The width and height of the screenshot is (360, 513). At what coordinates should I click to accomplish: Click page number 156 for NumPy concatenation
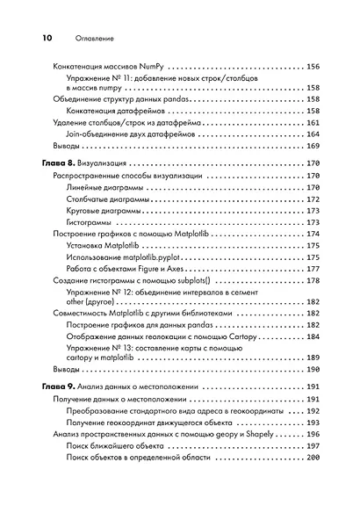(313, 67)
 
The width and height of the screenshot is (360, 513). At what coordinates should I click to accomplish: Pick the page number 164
(313, 134)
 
